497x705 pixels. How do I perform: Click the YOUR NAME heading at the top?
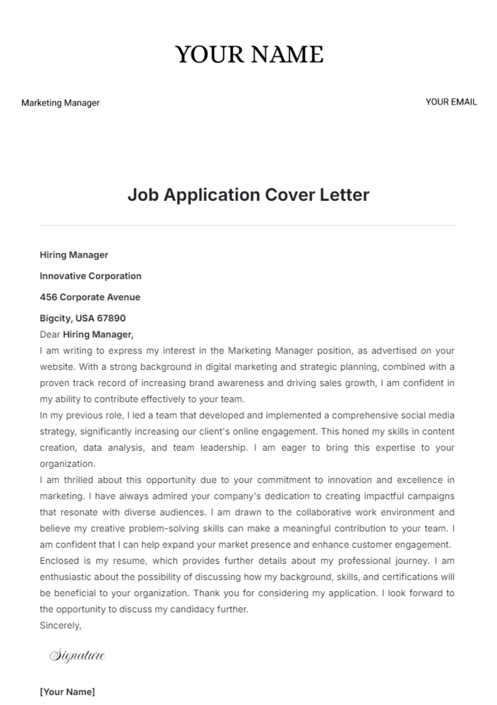coord(249,54)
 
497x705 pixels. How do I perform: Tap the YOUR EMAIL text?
coord(451,102)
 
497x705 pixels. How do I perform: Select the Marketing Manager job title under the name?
coord(60,103)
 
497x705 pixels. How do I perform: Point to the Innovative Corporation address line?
coord(90,276)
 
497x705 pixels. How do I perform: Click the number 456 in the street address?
coord(48,297)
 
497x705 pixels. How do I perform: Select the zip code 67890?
coord(111,318)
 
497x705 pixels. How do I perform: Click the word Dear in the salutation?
coord(50,334)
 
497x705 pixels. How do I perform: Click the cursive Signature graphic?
coord(77,656)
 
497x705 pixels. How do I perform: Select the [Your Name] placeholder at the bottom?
coord(67,692)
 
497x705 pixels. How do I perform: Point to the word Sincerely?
coord(60,625)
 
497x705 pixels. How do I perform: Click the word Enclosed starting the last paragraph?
coord(59,561)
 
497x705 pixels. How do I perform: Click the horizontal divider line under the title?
coord(248,225)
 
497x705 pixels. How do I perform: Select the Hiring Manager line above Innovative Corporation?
coord(74,255)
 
